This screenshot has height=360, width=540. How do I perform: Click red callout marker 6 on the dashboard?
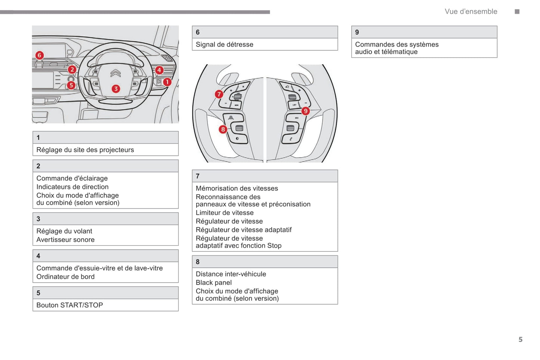[x=39, y=55]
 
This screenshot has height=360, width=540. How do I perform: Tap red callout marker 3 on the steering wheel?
[x=116, y=89]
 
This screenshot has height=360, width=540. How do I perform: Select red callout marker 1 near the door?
[x=167, y=82]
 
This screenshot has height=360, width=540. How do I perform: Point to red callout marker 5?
[x=71, y=85]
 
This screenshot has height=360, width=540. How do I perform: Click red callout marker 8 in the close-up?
[x=223, y=129]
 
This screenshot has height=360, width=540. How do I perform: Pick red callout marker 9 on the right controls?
[x=306, y=111]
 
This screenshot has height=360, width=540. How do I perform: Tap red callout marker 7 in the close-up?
[x=219, y=94]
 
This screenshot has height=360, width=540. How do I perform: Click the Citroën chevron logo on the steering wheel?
[x=115, y=73]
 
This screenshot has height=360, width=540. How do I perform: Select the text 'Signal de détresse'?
[x=224, y=44]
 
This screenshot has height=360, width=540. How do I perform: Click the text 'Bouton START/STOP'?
[x=70, y=305]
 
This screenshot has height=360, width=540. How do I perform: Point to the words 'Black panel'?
[x=213, y=283]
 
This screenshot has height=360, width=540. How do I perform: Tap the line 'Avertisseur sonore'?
[x=65, y=240]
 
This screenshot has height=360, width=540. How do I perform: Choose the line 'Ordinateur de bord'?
[x=65, y=277]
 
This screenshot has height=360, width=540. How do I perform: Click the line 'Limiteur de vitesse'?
[x=225, y=213]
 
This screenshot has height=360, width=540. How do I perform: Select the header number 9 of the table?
[x=357, y=32]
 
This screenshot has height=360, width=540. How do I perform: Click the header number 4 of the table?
[x=38, y=256]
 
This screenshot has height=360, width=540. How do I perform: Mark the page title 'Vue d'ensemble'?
[x=471, y=12]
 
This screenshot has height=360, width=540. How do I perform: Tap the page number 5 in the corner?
[x=520, y=339]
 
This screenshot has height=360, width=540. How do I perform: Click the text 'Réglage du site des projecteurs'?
[x=85, y=150]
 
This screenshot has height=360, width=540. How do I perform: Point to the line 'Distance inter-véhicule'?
[x=231, y=274]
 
